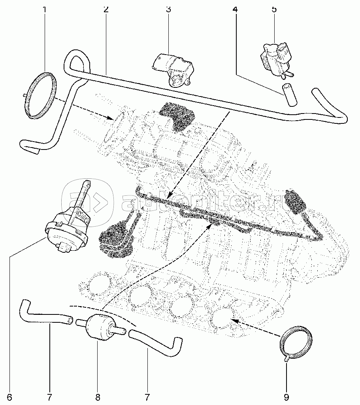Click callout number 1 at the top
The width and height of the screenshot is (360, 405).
click(45, 9)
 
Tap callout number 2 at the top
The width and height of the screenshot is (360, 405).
click(106, 9)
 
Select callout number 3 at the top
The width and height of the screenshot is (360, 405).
click(168, 9)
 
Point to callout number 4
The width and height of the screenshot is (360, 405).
click(236, 9)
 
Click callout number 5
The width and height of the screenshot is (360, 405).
click(274, 9)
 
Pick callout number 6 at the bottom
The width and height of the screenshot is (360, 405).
click(9, 396)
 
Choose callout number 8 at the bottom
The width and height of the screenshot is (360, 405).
click(98, 396)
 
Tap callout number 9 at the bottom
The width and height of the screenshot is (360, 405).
click(286, 396)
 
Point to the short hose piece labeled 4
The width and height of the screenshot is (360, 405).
click(288, 95)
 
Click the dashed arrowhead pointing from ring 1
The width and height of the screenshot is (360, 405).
click(111, 117)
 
